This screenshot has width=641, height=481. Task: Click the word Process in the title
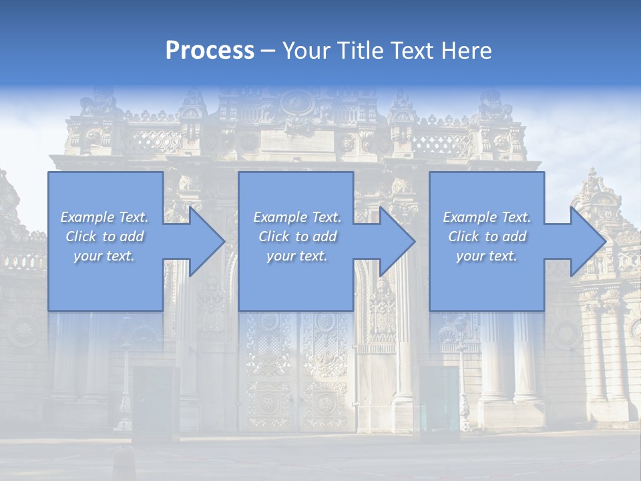pos(210,51)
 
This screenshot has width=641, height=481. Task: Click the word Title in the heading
pos(359,51)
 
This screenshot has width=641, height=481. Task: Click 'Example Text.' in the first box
pos(104,217)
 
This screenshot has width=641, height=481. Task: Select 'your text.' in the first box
pos(104,256)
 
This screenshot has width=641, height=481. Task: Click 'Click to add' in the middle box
pos(297,236)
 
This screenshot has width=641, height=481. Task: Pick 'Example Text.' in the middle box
pos(297,217)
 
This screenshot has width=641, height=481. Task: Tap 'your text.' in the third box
pos(487,256)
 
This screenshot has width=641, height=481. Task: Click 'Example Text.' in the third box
pos(487,217)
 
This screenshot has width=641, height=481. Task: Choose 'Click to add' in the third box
pos(487,236)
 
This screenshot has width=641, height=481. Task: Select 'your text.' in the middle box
pos(297,256)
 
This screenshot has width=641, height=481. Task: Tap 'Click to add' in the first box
pos(104,236)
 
